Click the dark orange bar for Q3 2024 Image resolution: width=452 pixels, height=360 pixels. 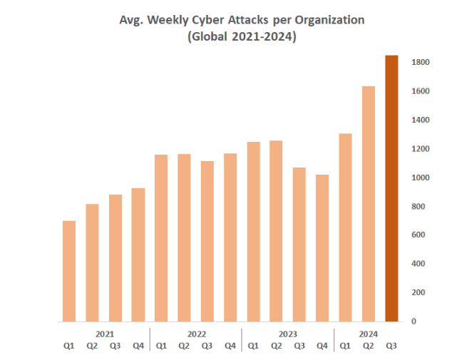coord(391,188)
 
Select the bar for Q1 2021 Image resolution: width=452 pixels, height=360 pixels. coord(69,271)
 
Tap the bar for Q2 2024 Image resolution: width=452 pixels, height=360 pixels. coord(369,203)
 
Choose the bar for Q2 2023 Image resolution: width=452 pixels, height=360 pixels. coord(276,231)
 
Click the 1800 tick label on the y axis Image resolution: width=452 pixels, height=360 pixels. coord(420,63)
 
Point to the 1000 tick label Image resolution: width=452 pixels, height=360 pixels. coord(420,178)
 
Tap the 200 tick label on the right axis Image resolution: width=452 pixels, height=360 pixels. coord(420,292)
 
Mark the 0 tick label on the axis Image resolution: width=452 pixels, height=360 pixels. coord(414,322)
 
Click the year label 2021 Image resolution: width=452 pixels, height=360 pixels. coord(103,334)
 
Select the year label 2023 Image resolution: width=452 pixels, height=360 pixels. coord(287,334)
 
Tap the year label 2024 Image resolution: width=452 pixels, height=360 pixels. coord(368,334)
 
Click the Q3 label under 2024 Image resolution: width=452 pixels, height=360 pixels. coord(391,346)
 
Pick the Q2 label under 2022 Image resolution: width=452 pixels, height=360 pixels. coord(184,346)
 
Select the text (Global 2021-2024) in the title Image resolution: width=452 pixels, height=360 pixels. coord(241,38)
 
